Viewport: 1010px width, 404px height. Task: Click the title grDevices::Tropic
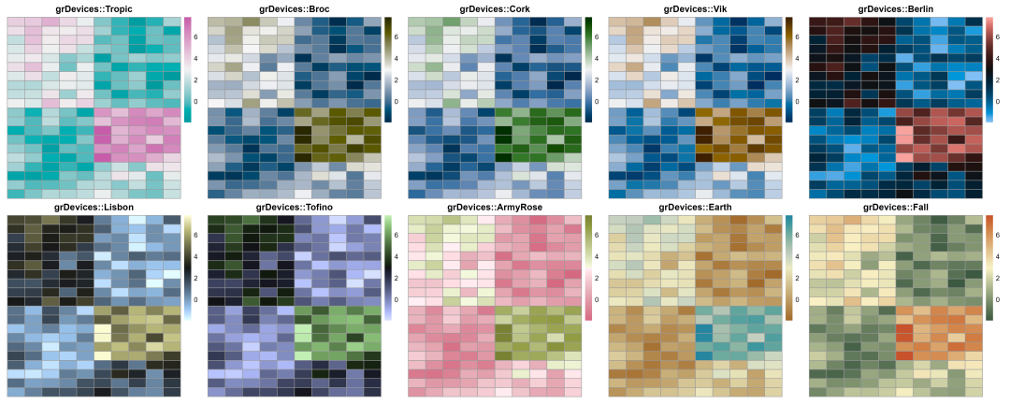click(x=94, y=9)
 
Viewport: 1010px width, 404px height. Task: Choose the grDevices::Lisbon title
click(x=94, y=208)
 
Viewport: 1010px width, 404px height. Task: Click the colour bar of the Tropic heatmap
click(x=188, y=69)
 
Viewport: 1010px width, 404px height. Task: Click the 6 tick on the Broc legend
click(x=397, y=36)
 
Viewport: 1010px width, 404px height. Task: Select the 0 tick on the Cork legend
click(x=597, y=101)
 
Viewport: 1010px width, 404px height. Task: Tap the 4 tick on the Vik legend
click(x=798, y=58)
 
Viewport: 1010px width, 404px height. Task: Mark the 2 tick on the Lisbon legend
click(x=195, y=279)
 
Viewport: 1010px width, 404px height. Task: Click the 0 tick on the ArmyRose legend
click(x=597, y=300)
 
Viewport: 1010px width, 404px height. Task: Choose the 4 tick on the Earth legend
click(x=798, y=257)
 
